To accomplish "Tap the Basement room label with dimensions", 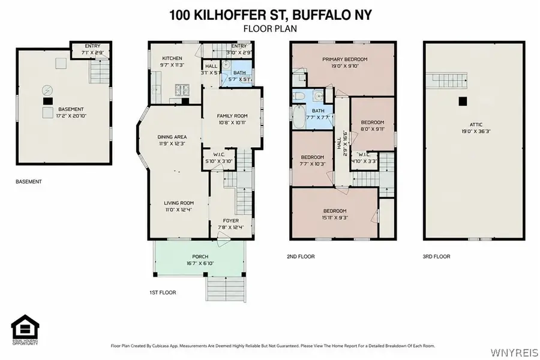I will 70,112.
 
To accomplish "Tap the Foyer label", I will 231,223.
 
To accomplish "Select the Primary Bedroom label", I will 344,63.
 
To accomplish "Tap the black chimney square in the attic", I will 461,102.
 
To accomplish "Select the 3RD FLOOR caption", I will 436,257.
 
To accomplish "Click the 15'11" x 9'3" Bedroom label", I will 335,214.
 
